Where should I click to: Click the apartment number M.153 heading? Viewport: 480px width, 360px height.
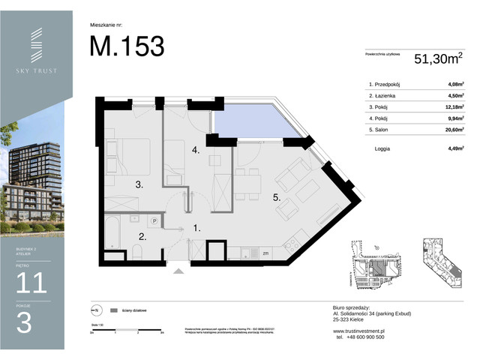pos(127,46)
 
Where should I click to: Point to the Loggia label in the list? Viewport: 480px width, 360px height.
pos(384,148)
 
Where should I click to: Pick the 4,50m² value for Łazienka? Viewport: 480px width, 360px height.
pos(452,95)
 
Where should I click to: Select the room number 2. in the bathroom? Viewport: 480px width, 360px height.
pos(141,236)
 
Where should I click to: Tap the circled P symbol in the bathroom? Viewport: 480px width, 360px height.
pos(154,221)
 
